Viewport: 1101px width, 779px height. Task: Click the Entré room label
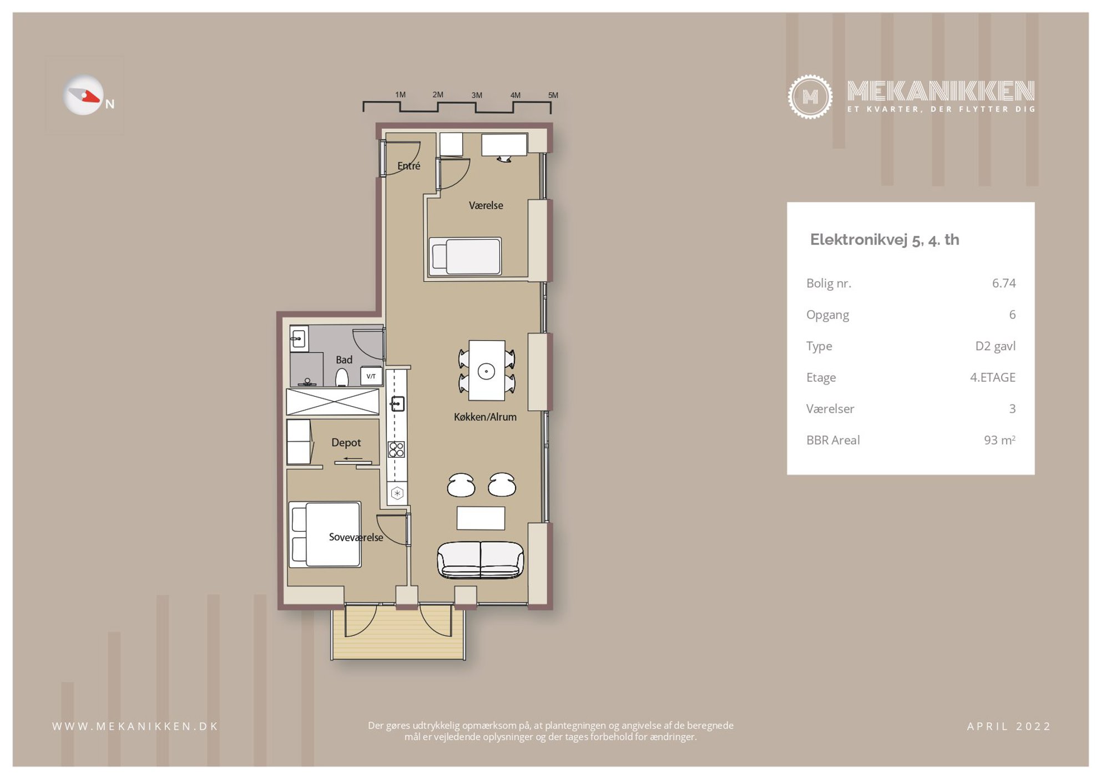pyautogui.click(x=408, y=165)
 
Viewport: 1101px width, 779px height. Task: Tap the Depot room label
pyautogui.click(x=346, y=442)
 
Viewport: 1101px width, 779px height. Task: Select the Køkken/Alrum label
pyautogui.click(x=485, y=417)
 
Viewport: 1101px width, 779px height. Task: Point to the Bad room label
pyautogui.click(x=344, y=360)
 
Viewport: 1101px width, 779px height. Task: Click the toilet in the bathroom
pyautogui.click(x=342, y=378)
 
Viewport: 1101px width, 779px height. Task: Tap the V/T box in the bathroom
pyautogui.click(x=371, y=376)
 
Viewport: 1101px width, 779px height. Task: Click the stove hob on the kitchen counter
pyautogui.click(x=396, y=449)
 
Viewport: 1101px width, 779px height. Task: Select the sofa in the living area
pyautogui.click(x=481, y=560)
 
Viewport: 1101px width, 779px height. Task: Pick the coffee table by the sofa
pyautogui.click(x=481, y=518)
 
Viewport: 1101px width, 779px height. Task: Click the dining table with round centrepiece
pyautogui.click(x=487, y=371)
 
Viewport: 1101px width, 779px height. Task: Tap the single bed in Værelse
pyautogui.click(x=466, y=256)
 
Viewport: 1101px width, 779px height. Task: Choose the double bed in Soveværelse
pyautogui.click(x=325, y=534)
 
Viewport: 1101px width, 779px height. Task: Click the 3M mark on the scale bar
pyautogui.click(x=477, y=95)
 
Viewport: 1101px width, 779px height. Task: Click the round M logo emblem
pyautogui.click(x=810, y=97)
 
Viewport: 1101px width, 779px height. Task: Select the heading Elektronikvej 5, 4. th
pyautogui.click(x=885, y=240)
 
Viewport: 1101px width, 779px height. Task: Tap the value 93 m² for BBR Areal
pyautogui.click(x=999, y=440)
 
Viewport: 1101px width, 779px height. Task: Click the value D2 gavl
pyautogui.click(x=996, y=346)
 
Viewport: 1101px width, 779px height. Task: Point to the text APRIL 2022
pyautogui.click(x=1008, y=726)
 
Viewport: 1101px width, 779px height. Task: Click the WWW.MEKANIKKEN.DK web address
pyautogui.click(x=135, y=726)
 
